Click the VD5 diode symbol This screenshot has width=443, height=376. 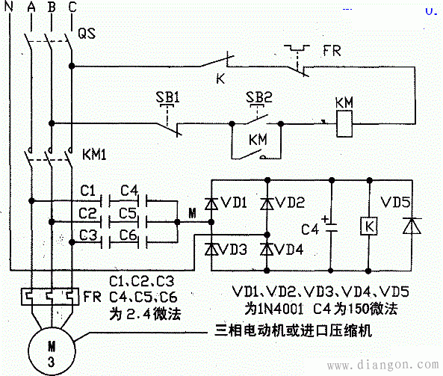click(408, 224)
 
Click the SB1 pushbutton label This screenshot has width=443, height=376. click(168, 99)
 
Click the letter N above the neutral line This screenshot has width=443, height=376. click(10, 7)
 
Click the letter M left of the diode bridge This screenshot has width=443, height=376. click(192, 215)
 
